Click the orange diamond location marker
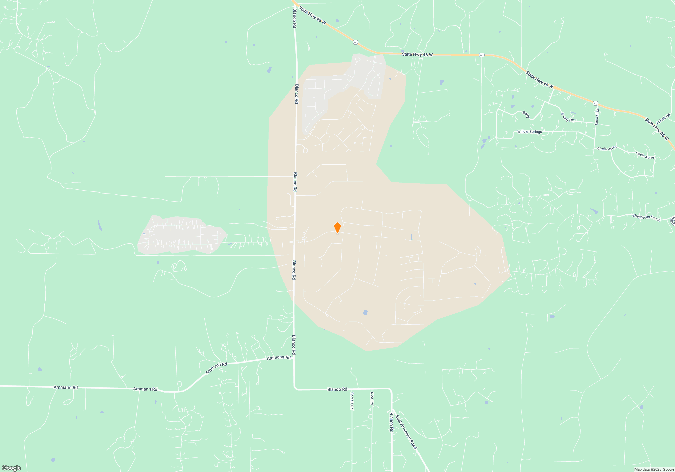(x=337, y=228)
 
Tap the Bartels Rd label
(x=352, y=401)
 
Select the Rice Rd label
(x=372, y=398)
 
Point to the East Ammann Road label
(x=406, y=432)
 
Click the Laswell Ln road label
(x=597, y=116)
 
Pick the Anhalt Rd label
(x=663, y=119)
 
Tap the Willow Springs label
(x=530, y=132)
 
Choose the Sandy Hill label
(x=568, y=118)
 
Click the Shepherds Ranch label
(x=646, y=217)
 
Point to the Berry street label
(x=526, y=115)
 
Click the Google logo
(x=11, y=468)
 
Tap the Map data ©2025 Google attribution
(x=654, y=469)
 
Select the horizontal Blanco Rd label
(x=337, y=389)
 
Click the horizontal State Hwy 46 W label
(x=417, y=54)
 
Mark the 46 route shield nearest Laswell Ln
(x=595, y=103)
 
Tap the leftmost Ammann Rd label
(x=65, y=387)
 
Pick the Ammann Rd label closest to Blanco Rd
(x=278, y=357)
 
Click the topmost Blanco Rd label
(x=294, y=18)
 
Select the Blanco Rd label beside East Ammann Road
(x=391, y=422)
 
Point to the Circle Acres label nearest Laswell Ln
(x=607, y=148)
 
